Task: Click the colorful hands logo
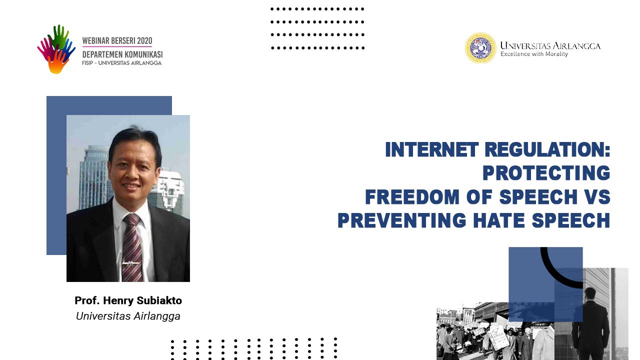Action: tap(56, 49)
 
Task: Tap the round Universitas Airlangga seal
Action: tap(480, 48)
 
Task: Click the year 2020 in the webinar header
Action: tap(143, 40)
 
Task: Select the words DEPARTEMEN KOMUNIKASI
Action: tap(122, 54)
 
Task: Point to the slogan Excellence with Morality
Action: tap(534, 54)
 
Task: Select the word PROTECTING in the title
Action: tap(546, 173)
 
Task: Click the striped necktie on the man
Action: tap(132, 245)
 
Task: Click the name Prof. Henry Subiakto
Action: tap(128, 300)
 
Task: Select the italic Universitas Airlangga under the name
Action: tap(128, 316)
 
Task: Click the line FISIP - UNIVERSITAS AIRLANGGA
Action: tap(121, 63)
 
